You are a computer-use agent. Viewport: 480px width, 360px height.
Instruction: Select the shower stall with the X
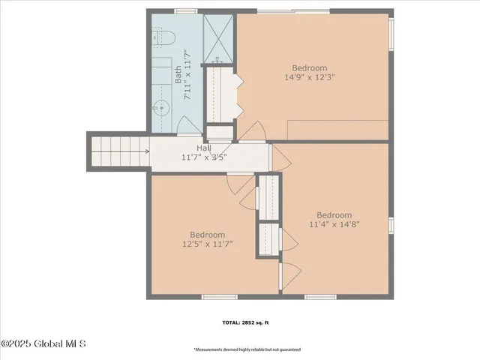pyautogui.click(x=218, y=36)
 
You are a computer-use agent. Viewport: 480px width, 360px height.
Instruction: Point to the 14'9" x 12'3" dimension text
pyautogui.click(x=309, y=76)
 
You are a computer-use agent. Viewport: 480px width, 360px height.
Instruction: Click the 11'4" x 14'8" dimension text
pyautogui.click(x=334, y=223)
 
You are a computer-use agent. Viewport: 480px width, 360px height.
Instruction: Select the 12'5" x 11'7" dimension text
pyautogui.click(x=205, y=243)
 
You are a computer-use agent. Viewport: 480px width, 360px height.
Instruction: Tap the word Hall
pyautogui.click(x=204, y=148)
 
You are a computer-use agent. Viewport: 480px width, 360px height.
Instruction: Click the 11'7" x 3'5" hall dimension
pyautogui.click(x=204, y=157)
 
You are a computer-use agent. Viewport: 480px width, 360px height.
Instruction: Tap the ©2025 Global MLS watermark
pyautogui.click(x=43, y=344)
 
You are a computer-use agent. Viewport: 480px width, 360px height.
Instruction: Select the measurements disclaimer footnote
pyautogui.click(x=247, y=349)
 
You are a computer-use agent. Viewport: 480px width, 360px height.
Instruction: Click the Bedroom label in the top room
pyautogui.click(x=309, y=67)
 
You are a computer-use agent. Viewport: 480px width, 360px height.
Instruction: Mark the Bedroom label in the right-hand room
pyautogui.click(x=334, y=214)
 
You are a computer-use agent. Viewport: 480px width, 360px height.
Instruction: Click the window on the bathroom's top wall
pyautogui.click(x=181, y=10)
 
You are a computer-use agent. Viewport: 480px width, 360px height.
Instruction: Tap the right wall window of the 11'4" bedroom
pyautogui.click(x=390, y=226)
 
